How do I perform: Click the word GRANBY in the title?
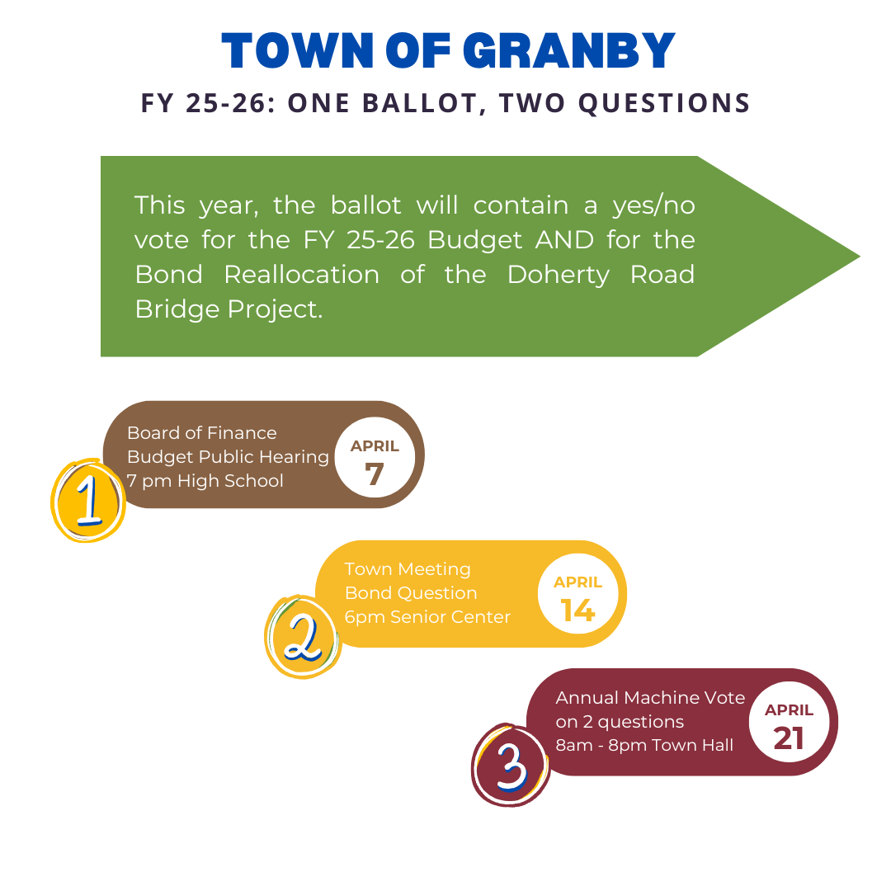click(x=568, y=50)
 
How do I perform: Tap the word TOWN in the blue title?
click(x=297, y=50)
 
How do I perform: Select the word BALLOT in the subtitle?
click(x=424, y=103)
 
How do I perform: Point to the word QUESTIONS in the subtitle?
click(x=664, y=103)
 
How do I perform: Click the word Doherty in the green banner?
click(x=558, y=276)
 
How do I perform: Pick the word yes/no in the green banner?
click(x=653, y=205)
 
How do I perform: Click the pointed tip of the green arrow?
click(x=859, y=257)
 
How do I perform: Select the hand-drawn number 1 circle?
click(x=88, y=501)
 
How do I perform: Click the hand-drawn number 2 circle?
click(x=303, y=637)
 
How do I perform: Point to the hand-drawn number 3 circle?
click(x=511, y=766)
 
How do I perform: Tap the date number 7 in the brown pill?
click(x=375, y=474)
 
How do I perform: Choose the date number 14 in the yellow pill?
click(x=577, y=610)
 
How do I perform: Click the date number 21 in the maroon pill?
click(x=789, y=738)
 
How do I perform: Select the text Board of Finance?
click(x=202, y=433)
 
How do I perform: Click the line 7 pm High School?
click(x=205, y=481)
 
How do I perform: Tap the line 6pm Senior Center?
click(x=427, y=617)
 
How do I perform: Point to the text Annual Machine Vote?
click(x=650, y=698)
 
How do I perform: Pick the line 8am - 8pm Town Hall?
click(x=644, y=745)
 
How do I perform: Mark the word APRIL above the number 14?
click(x=577, y=582)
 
